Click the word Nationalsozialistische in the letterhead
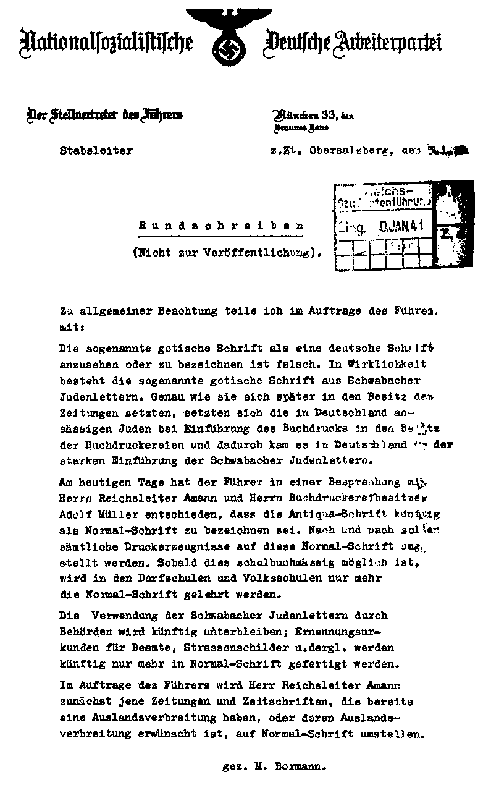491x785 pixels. [106, 43]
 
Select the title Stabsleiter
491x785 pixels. [96, 150]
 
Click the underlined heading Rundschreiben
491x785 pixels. [221, 227]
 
